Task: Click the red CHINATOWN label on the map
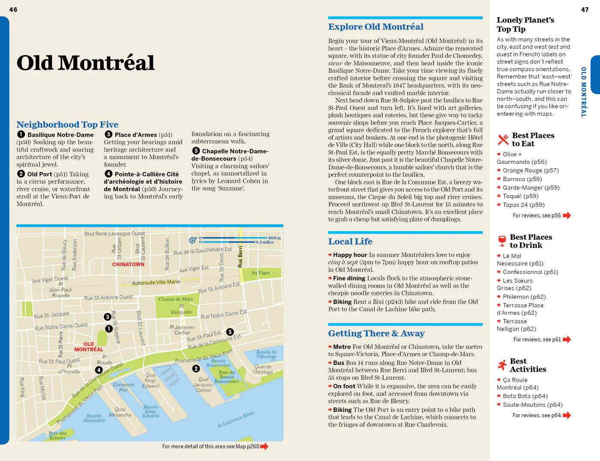click(x=128, y=264)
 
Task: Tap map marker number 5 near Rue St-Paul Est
click(x=230, y=332)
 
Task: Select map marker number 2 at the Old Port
click(x=196, y=369)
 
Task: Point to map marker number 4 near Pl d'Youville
click(x=99, y=370)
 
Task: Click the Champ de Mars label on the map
click(x=176, y=299)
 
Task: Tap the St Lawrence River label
click(x=236, y=420)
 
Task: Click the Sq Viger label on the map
click(x=261, y=273)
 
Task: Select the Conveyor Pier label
click(x=123, y=387)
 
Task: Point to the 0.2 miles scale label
click(x=264, y=242)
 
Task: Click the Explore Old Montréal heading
click(x=375, y=27)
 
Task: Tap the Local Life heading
click(x=350, y=241)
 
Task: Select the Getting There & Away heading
click(x=376, y=333)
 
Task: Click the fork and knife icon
click(x=503, y=140)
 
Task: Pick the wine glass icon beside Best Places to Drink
click(x=502, y=241)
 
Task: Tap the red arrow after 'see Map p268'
click(x=264, y=446)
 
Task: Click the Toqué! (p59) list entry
click(x=520, y=196)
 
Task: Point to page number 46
click(x=13, y=9)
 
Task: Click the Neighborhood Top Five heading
click(x=67, y=125)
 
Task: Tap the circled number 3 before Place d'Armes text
click(x=108, y=134)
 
